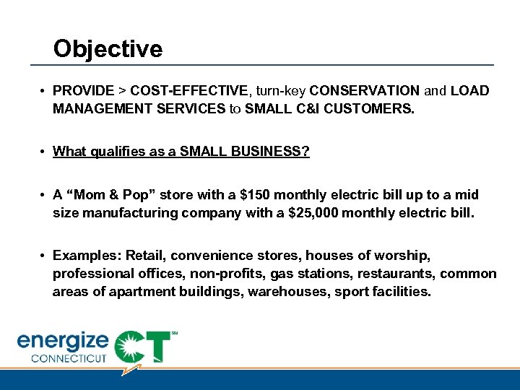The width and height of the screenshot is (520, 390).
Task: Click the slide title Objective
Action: click(x=108, y=49)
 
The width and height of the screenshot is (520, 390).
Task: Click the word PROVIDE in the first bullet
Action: click(x=84, y=91)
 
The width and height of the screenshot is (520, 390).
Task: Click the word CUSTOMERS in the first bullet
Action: click(x=374, y=110)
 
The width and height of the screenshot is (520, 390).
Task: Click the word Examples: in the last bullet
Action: click(x=87, y=256)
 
